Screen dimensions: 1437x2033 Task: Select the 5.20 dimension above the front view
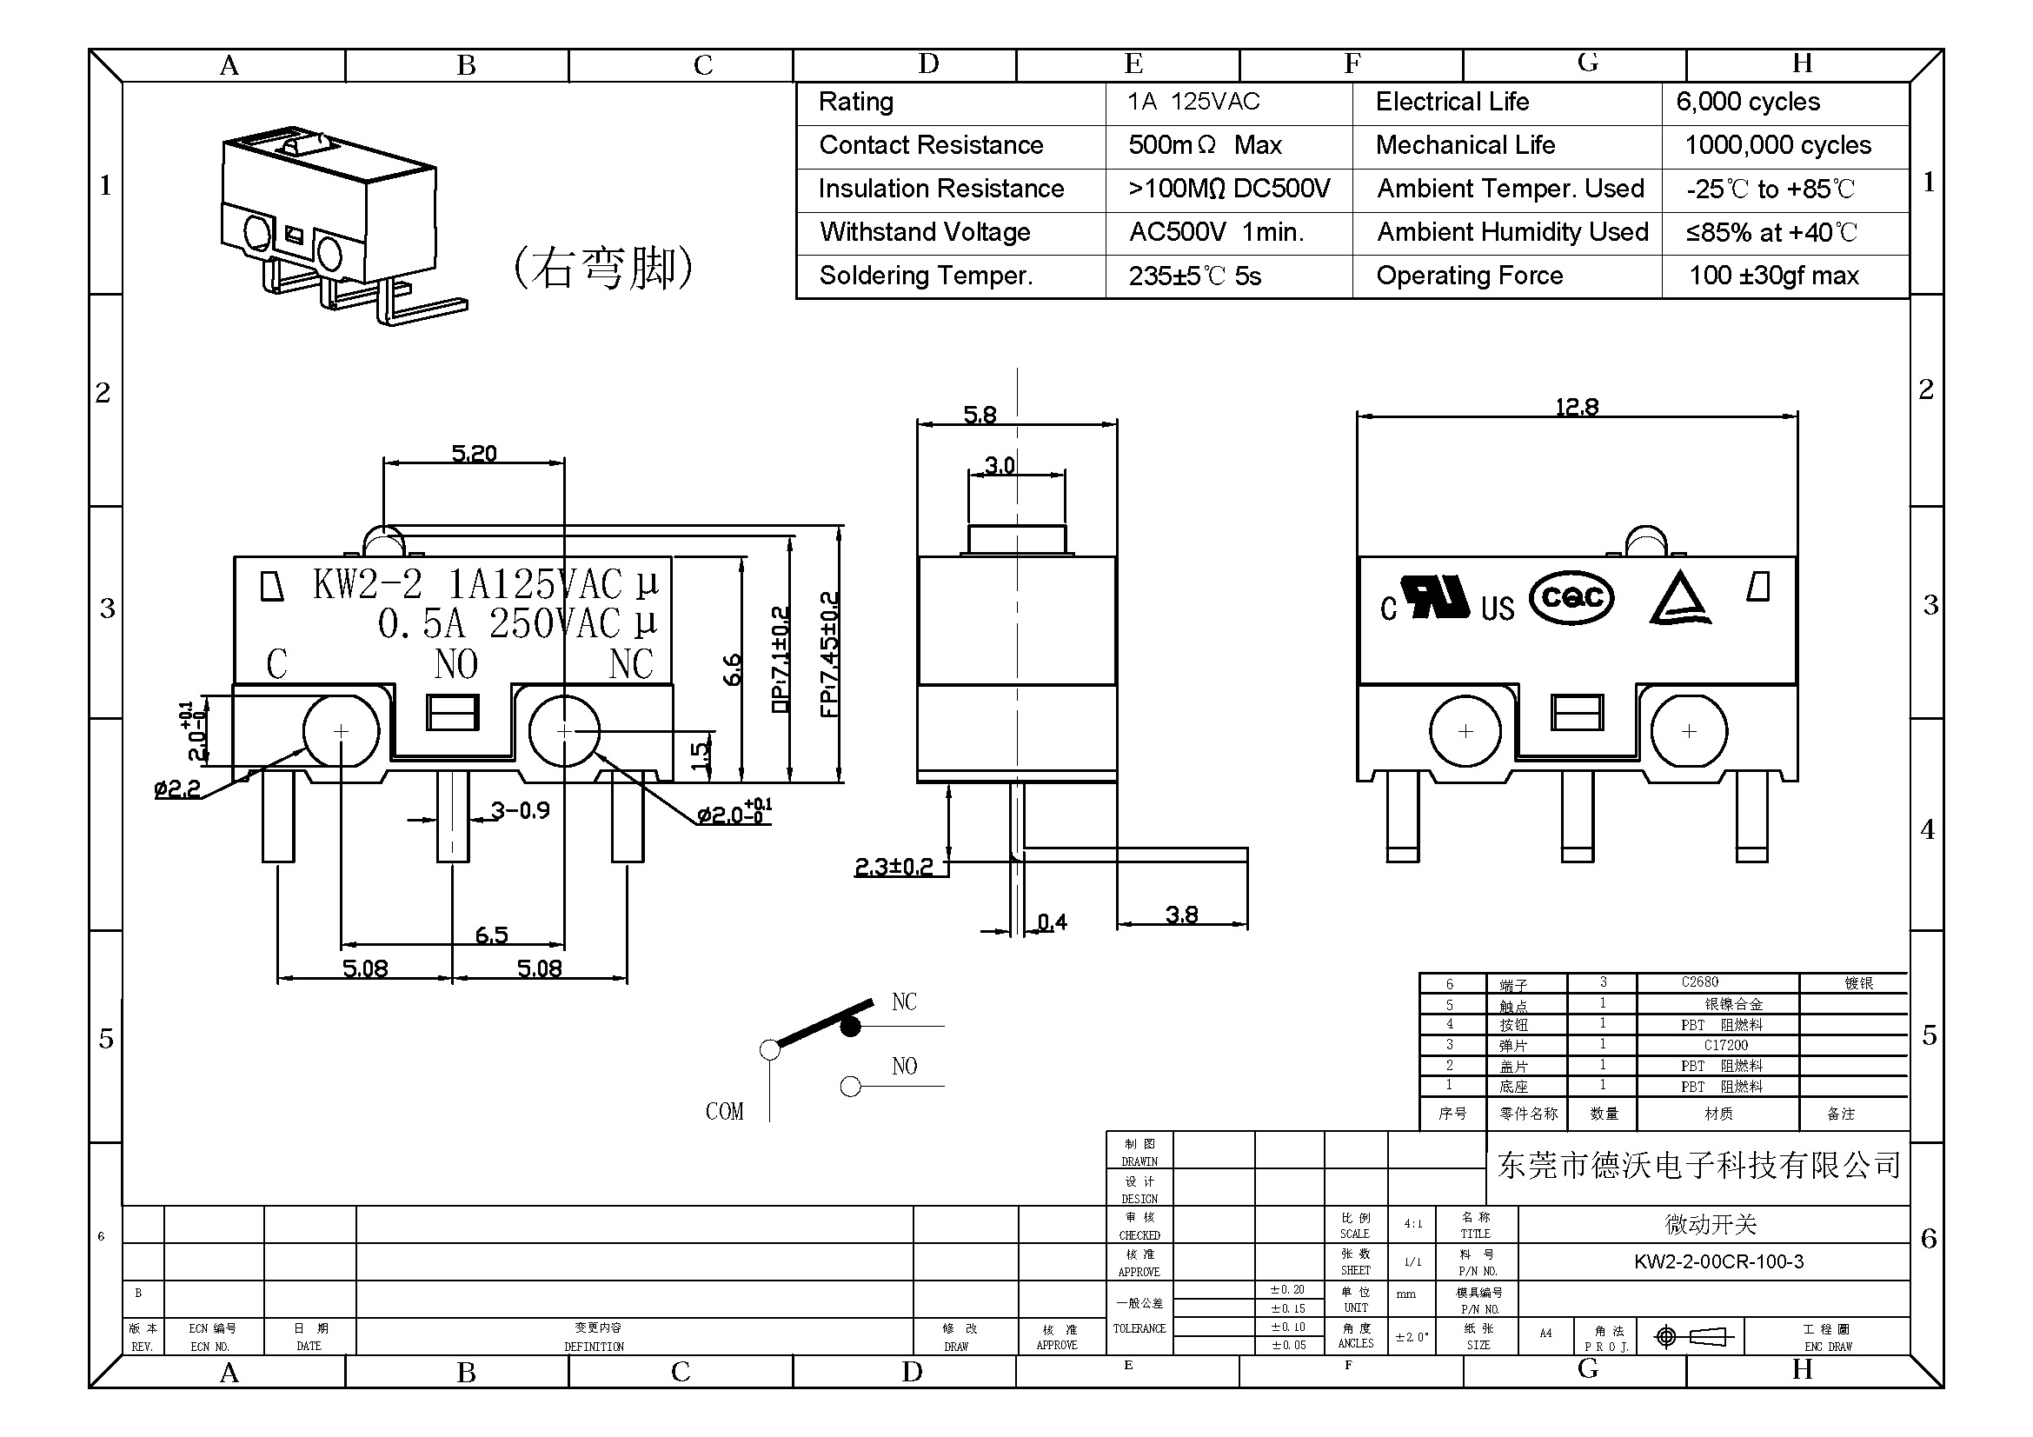click(474, 453)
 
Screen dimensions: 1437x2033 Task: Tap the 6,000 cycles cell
click(1748, 102)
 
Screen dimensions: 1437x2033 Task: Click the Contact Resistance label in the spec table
click(931, 145)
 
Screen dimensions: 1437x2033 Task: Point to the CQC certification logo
click(1571, 596)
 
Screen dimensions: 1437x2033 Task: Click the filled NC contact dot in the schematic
click(850, 1026)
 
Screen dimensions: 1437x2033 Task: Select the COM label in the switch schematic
click(724, 1111)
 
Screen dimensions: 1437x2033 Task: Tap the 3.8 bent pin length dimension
click(1181, 914)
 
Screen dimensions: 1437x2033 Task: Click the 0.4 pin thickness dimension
click(1052, 922)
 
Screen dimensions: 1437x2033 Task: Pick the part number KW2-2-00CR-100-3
click(1717, 1261)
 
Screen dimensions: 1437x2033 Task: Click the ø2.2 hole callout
click(177, 788)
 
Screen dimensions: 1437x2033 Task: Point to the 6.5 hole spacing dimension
click(491, 935)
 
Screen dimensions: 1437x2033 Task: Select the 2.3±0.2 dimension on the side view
click(894, 866)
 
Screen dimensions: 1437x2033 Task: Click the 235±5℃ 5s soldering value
click(1194, 276)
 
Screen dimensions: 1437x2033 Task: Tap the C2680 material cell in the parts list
click(1699, 981)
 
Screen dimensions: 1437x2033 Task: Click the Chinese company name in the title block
click(1698, 1165)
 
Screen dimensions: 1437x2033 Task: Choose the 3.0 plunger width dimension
click(1000, 465)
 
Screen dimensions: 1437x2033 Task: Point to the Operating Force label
click(1469, 276)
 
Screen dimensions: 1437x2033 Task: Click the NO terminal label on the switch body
click(456, 664)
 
